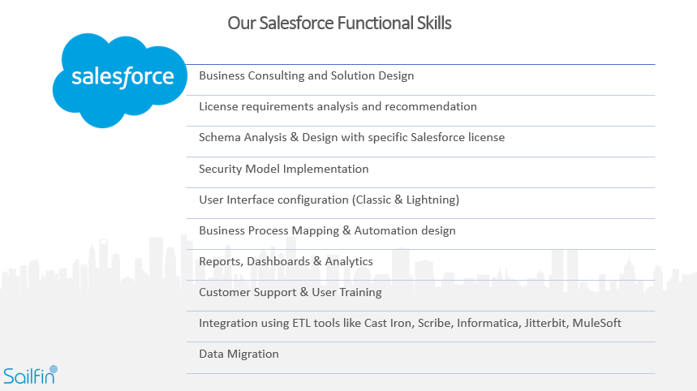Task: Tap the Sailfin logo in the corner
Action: tap(30, 375)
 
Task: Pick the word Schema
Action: tap(219, 137)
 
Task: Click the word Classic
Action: tap(376, 200)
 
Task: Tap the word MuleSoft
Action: tap(596, 323)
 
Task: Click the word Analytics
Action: tap(350, 261)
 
